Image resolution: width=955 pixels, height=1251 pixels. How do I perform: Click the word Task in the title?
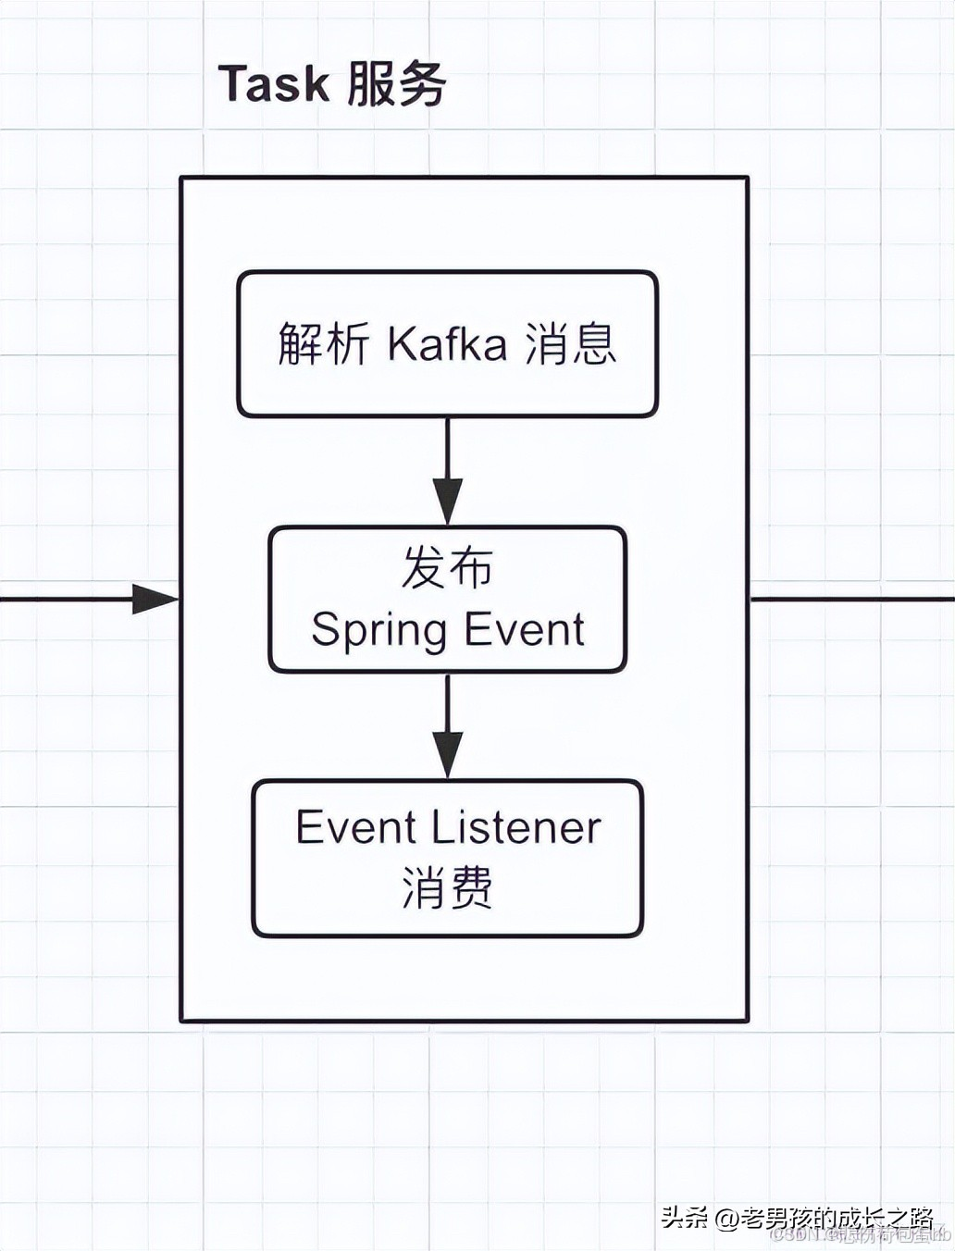273,83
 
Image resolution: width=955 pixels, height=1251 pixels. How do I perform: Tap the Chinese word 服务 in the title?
397,83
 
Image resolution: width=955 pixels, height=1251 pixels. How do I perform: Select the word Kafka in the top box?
447,343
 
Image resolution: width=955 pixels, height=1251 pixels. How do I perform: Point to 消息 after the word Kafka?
570,343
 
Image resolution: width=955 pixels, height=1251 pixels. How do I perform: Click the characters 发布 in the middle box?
447,567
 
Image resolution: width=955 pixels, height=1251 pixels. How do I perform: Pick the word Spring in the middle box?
379,630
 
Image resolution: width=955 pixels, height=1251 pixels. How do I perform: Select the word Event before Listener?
342,826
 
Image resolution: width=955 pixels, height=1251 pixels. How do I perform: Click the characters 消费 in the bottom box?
447,887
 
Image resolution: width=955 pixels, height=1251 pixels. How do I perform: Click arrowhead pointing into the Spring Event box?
448,504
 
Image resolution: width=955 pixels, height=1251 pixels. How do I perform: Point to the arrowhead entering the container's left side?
155,599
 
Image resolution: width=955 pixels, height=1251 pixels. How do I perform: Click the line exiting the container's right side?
851,599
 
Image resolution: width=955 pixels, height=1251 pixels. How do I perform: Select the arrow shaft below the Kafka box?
448,449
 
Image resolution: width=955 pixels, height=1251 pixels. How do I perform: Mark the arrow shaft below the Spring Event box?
448,703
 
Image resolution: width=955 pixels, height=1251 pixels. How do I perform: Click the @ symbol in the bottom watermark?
726,1217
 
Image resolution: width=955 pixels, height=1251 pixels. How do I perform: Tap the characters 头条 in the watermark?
685,1217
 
